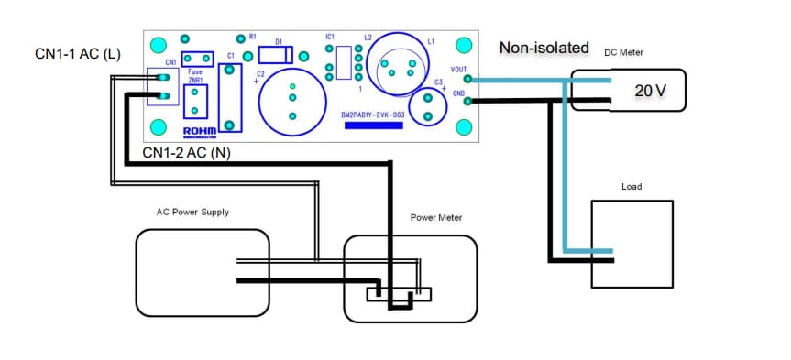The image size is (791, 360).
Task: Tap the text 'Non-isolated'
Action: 542,47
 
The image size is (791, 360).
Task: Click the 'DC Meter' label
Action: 623,52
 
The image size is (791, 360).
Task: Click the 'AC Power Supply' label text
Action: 192,212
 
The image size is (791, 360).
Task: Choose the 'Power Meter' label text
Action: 435,218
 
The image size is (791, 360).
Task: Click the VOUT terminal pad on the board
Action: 468,80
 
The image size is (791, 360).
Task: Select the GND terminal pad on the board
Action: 468,101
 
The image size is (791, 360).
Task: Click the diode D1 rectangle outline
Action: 277,54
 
